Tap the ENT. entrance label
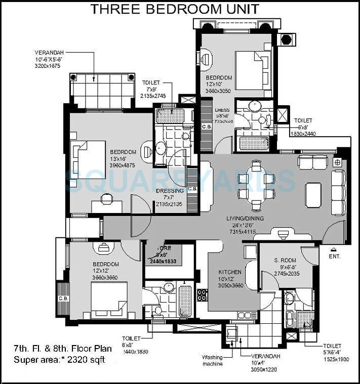(x=335, y=257)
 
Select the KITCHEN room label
(x=230, y=272)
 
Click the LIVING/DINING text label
(x=245, y=219)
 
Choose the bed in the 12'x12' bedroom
(x=108, y=298)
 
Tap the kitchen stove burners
(x=202, y=294)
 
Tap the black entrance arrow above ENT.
(x=334, y=249)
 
